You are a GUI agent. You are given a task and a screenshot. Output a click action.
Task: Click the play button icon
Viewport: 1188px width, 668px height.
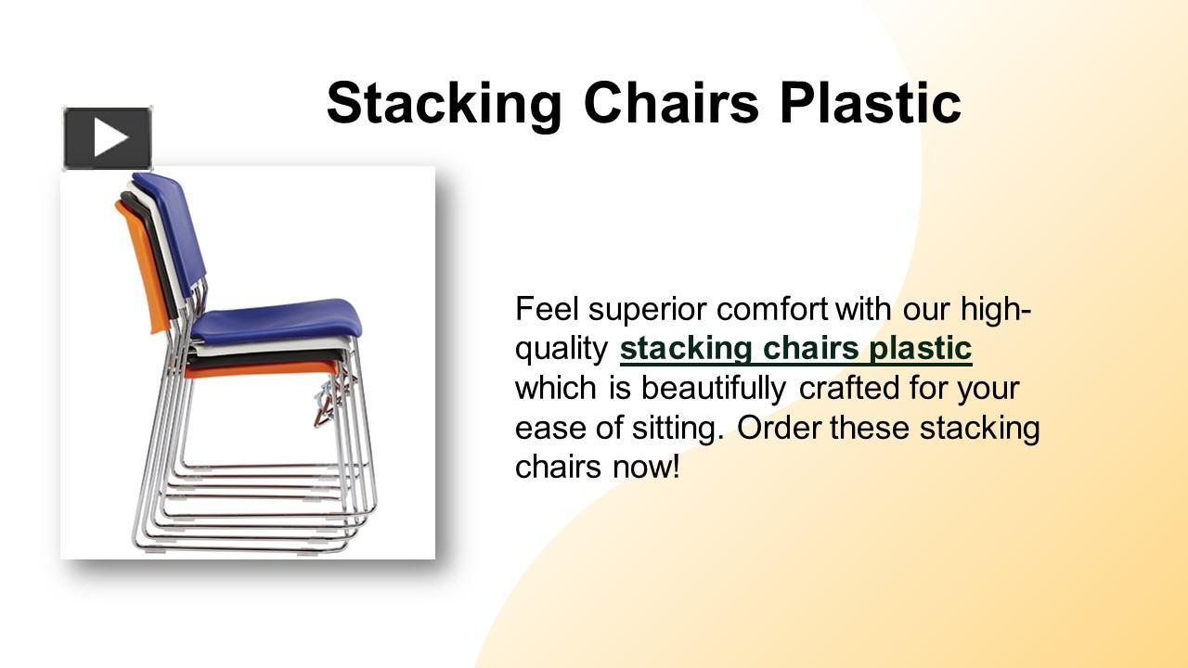point(108,138)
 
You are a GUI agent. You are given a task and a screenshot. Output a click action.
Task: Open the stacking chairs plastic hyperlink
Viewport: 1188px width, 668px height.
point(795,349)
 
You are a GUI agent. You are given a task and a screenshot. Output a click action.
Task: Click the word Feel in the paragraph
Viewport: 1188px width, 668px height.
point(547,308)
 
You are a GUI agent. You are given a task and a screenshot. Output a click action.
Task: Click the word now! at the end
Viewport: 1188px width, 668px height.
point(647,467)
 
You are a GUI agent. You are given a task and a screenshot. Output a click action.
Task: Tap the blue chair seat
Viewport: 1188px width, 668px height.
point(278,320)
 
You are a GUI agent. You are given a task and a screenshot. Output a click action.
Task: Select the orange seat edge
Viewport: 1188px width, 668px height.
point(260,369)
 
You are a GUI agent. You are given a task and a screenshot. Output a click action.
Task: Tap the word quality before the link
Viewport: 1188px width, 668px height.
point(561,350)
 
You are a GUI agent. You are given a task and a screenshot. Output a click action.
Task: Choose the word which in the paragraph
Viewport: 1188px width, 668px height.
point(558,388)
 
